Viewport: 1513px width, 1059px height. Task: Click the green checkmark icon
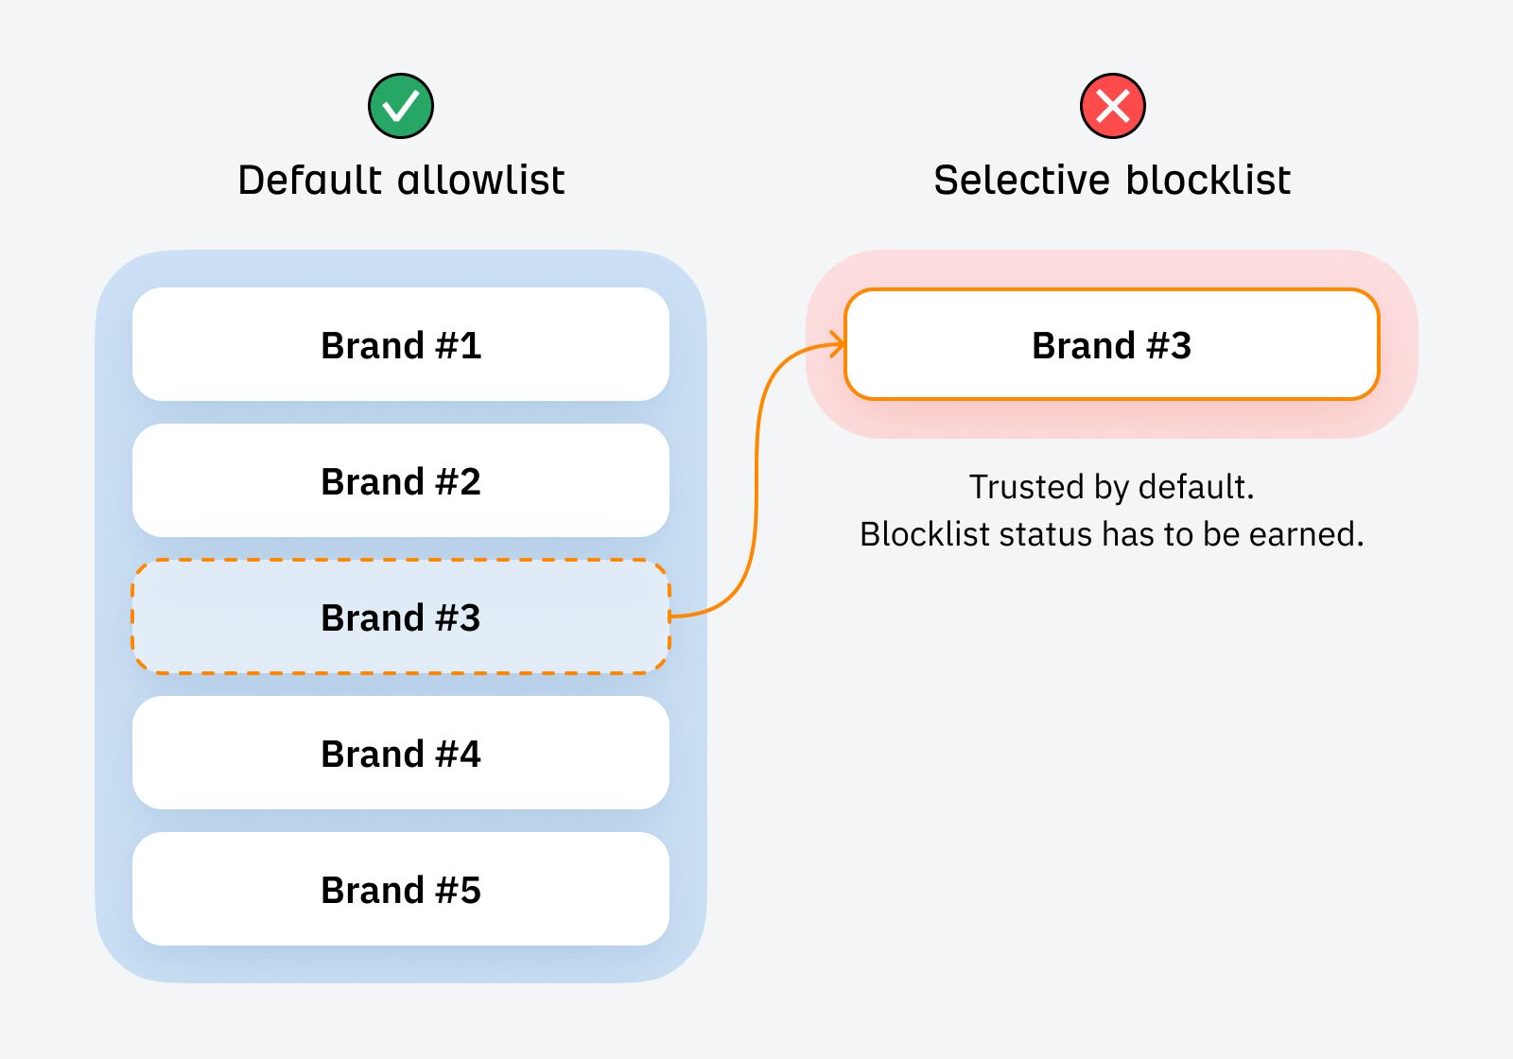pos(401,106)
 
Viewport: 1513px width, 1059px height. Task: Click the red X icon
pos(1112,106)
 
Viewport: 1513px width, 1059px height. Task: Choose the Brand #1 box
pos(401,345)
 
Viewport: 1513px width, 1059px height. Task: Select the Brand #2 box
pos(401,481)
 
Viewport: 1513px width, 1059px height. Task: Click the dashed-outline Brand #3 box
pos(401,617)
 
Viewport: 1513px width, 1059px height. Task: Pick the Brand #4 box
pos(401,754)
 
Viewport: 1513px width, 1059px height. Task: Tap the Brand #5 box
pos(401,890)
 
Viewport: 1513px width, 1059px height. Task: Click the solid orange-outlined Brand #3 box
pos(1112,345)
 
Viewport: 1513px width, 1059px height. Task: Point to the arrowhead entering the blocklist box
pos(837,344)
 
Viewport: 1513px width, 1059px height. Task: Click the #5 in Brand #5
pos(459,890)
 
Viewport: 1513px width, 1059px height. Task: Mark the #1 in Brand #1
pos(459,345)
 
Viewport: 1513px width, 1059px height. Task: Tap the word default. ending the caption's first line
pos(1196,487)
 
